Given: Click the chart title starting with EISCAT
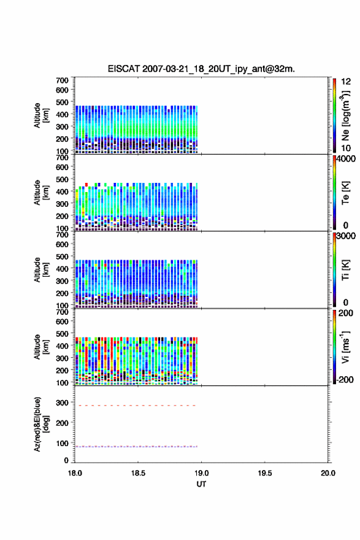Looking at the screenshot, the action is coord(201,69).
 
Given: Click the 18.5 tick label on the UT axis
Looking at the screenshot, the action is coord(138,473).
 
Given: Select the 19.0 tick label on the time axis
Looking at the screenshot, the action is coord(201,473).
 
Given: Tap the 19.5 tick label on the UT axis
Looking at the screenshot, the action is coord(265,473).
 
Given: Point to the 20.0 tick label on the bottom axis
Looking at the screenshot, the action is coord(328,473).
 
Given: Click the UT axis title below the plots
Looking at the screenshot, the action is coord(201,484).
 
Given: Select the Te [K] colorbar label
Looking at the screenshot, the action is coord(345,193).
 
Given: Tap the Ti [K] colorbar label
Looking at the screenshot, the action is coord(345,270).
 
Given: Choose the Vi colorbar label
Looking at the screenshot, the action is coord(345,347).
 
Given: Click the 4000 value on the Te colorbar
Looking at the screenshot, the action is coord(346,159).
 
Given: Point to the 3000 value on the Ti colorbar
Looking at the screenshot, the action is coord(346,236).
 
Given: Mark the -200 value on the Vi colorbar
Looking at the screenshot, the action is coord(345,379).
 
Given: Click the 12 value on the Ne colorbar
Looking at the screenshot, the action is coord(346,81).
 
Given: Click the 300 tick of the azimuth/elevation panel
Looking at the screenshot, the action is coord(63,403).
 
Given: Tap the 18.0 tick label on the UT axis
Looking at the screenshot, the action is coord(75,473).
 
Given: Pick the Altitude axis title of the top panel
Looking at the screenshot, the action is coord(41,115).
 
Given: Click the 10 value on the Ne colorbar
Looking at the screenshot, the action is coord(346,148).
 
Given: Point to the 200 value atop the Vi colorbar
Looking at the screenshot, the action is coord(345,313).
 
